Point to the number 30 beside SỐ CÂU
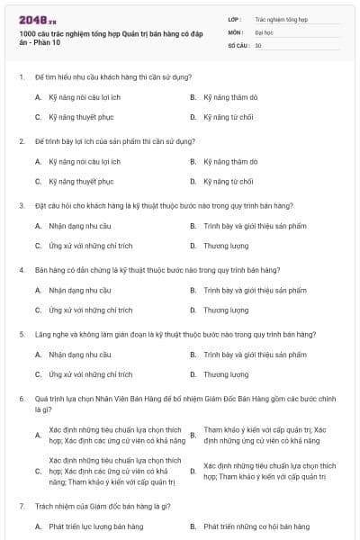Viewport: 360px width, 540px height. click(x=258, y=44)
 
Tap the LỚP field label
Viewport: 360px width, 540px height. click(x=235, y=19)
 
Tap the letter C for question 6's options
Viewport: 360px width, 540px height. click(x=38, y=471)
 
